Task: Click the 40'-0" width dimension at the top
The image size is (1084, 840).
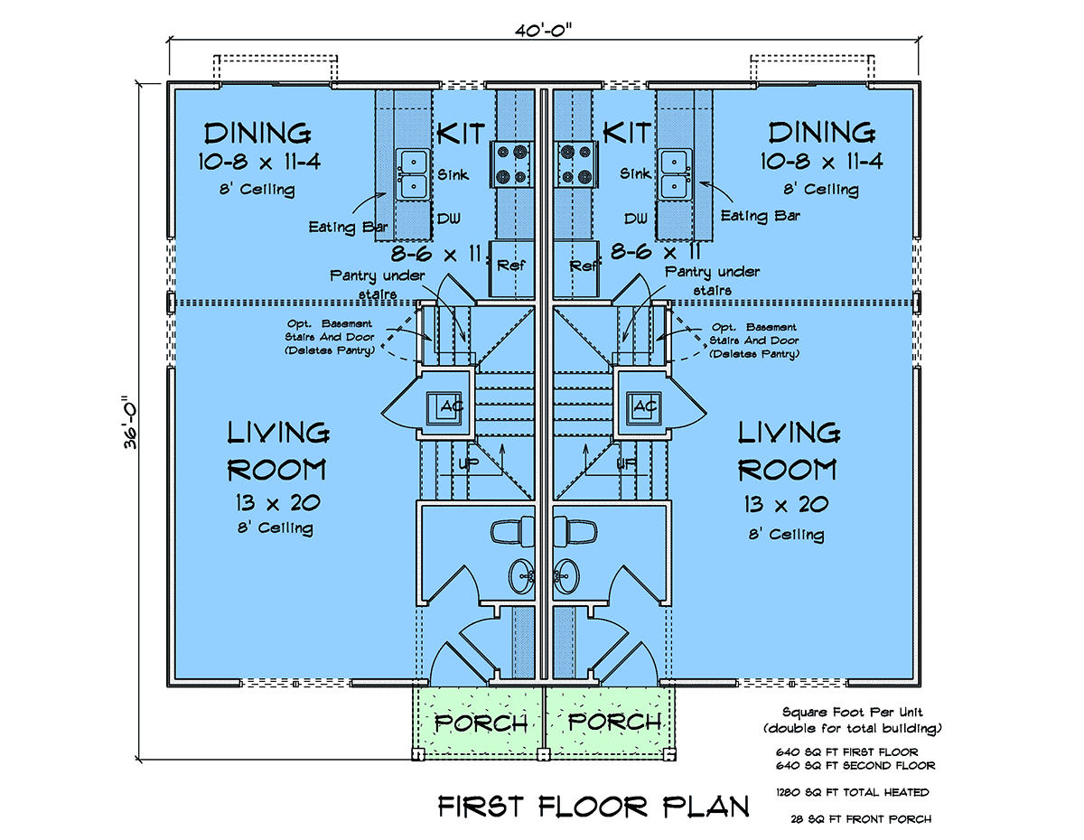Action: pyautogui.click(x=543, y=31)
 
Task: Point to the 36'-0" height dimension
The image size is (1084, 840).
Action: pyautogui.click(x=131, y=423)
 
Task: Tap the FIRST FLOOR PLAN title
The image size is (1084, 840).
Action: pyautogui.click(x=593, y=806)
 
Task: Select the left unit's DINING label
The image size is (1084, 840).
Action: pyautogui.click(x=257, y=133)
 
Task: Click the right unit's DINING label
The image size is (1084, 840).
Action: pyautogui.click(x=821, y=133)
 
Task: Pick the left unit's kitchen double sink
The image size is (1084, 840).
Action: pyautogui.click(x=414, y=173)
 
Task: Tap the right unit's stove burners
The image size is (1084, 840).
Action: pyautogui.click(x=575, y=163)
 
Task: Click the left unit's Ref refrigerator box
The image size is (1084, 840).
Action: pyautogui.click(x=511, y=269)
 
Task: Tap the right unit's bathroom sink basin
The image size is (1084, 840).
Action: pyautogui.click(x=566, y=576)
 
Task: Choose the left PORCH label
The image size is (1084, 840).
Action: pyautogui.click(x=481, y=723)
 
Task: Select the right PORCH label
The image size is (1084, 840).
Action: pyautogui.click(x=614, y=722)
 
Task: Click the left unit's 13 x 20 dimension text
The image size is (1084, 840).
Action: pyautogui.click(x=278, y=503)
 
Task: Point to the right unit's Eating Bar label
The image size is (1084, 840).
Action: pyautogui.click(x=760, y=216)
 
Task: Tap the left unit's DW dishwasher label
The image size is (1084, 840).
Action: pyautogui.click(x=449, y=218)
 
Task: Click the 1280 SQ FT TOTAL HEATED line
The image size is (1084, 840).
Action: pyautogui.click(x=853, y=792)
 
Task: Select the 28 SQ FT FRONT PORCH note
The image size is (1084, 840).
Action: pyautogui.click(x=861, y=819)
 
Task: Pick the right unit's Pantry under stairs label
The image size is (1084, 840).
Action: pyautogui.click(x=713, y=281)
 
